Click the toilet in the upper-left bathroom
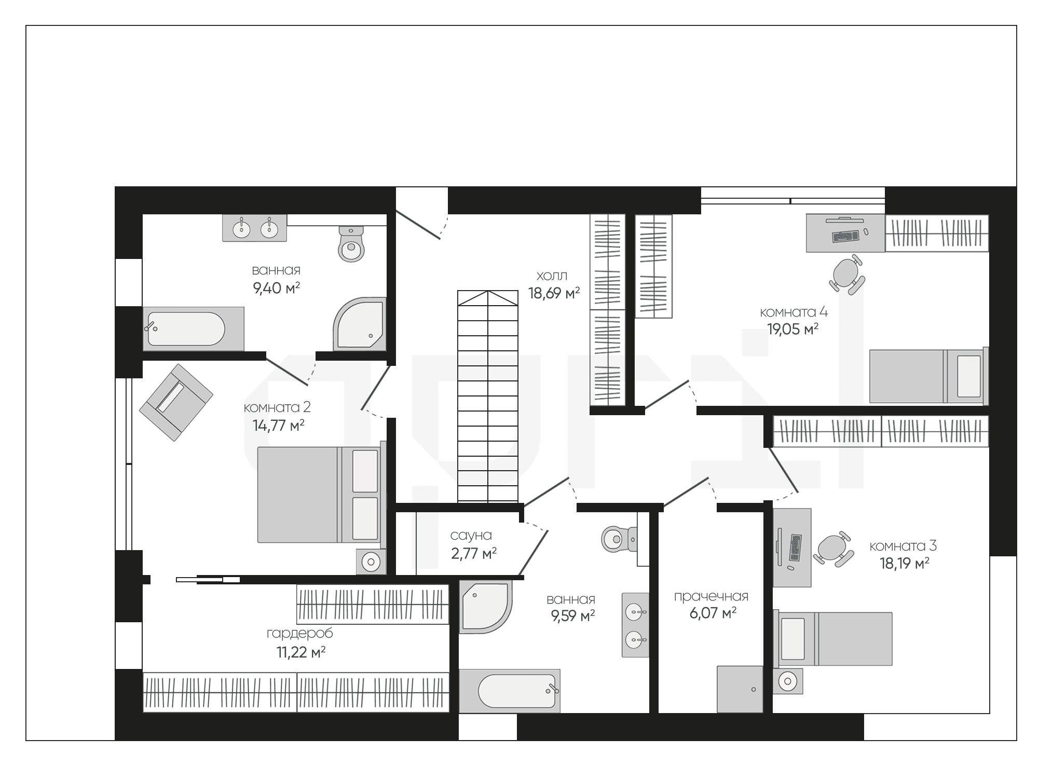click(x=351, y=244)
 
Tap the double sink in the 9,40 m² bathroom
click(x=254, y=228)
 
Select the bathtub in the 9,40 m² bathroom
click(x=194, y=329)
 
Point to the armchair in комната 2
click(x=176, y=402)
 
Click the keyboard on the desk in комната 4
click(x=845, y=237)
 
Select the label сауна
click(x=471, y=535)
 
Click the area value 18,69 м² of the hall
click(x=554, y=293)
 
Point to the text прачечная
click(x=711, y=597)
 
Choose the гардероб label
click(x=300, y=634)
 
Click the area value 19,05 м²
click(x=793, y=330)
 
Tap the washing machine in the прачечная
click(x=740, y=689)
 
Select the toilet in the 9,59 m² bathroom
click(x=620, y=539)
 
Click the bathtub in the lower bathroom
click(x=510, y=691)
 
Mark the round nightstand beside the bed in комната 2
click(x=371, y=561)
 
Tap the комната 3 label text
click(x=903, y=546)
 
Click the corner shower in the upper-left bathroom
click(x=360, y=323)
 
